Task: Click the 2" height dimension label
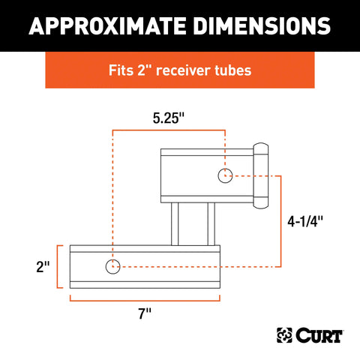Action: (x=43, y=265)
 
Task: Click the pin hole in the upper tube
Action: (x=225, y=176)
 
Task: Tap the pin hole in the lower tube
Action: (x=112, y=265)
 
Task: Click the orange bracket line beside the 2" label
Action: (x=59, y=265)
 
